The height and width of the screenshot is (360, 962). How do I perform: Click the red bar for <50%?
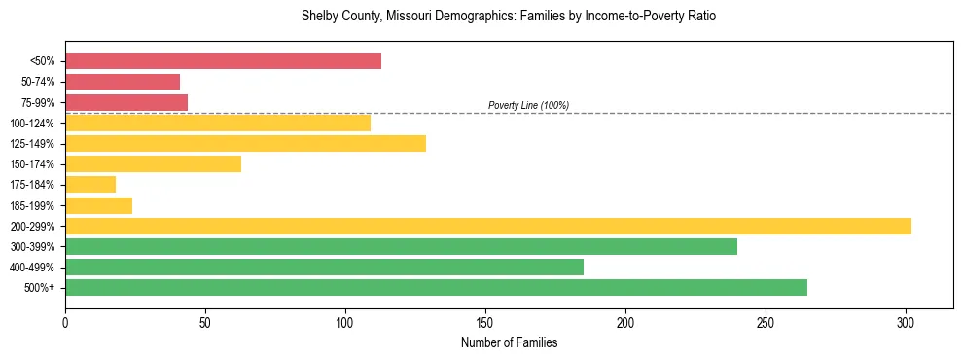click(x=223, y=61)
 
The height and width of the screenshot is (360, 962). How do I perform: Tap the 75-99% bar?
click(x=126, y=102)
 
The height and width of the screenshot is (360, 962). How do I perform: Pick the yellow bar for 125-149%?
click(x=245, y=144)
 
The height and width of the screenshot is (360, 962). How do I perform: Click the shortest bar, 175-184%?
click(x=90, y=185)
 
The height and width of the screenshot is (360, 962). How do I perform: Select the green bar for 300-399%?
click(x=401, y=246)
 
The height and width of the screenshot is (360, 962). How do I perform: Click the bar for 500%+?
click(x=436, y=287)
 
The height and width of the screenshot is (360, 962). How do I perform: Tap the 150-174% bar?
click(x=153, y=164)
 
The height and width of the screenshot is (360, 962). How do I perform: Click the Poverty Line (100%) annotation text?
click(x=528, y=105)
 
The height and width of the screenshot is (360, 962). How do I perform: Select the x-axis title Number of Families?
click(x=509, y=342)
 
